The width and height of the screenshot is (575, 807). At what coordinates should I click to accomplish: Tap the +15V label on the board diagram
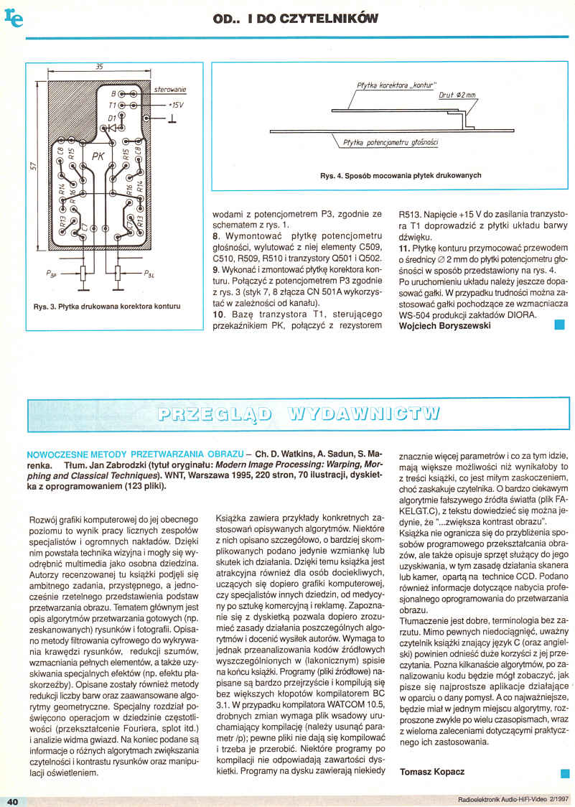click(x=174, y=105)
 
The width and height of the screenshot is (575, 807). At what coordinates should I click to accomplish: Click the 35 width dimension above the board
click(x=99, y=67)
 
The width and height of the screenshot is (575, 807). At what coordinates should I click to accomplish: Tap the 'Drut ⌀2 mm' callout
click(x=457, y=95)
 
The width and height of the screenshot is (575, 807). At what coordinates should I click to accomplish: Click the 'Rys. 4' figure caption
click(x=400, y=176)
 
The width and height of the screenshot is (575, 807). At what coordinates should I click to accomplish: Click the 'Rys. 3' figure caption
click(x=107, y=307)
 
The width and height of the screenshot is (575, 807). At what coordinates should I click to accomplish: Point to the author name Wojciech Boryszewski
click(x=444, y=325)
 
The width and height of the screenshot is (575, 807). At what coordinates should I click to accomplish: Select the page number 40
click(x=12, y=801)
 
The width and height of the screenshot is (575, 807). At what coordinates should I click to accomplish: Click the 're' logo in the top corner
click(x=14, y=19)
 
